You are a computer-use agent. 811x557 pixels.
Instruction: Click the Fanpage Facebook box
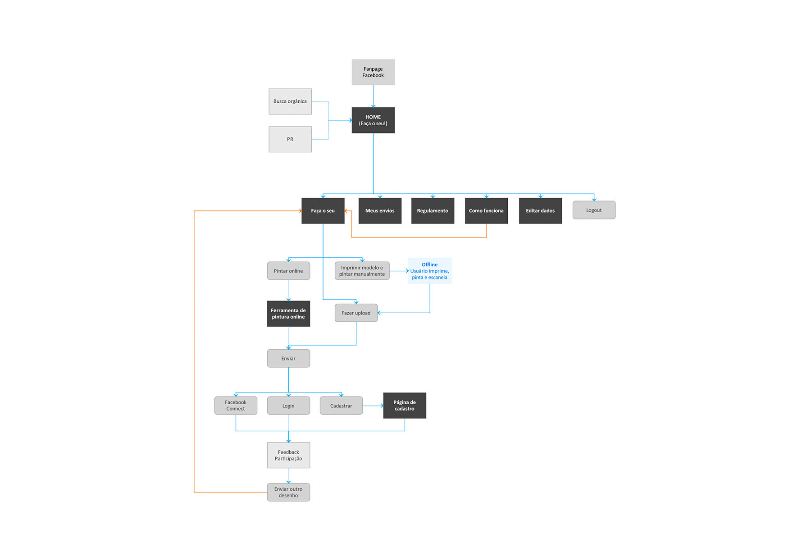click(x=373, y=72)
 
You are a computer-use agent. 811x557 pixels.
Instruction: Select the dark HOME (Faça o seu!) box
click(x=373, y=120)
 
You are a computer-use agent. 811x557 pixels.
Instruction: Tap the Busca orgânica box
click(x=290, y=101)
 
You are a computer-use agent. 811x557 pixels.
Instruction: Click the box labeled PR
click(x=290, y=139)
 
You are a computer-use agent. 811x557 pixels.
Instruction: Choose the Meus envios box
click(x=380, y=211)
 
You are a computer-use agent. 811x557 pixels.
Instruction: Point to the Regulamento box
click(x=433, y=211)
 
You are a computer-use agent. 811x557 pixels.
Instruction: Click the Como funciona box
click(x=486, y=211)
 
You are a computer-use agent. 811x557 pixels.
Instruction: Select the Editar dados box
click(x=540, y=211)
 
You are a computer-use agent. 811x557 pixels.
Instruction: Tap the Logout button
click(x=594, y=210)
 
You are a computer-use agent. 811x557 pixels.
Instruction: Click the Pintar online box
click(x=288, y=271)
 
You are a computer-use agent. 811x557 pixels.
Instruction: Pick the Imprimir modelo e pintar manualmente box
click(x=362, y=271)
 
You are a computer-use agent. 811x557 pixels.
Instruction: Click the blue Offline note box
click(x=430, y=271)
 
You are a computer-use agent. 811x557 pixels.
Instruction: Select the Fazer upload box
click(x=356, y=313)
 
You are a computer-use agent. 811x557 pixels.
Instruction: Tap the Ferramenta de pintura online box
click(x=288, y=314)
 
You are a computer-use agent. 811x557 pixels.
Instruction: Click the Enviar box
click(x=288, y=358)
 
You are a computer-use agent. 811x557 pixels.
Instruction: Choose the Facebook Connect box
click(x=236, y=406)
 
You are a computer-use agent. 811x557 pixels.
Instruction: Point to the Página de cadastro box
click(x=405, y=406)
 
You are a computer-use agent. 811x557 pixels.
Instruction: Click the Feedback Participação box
click(x=288, y=455)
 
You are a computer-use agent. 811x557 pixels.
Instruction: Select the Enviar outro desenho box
click(x=288, y=492)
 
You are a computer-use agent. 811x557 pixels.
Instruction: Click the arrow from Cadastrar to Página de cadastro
click(x=373, y=406)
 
